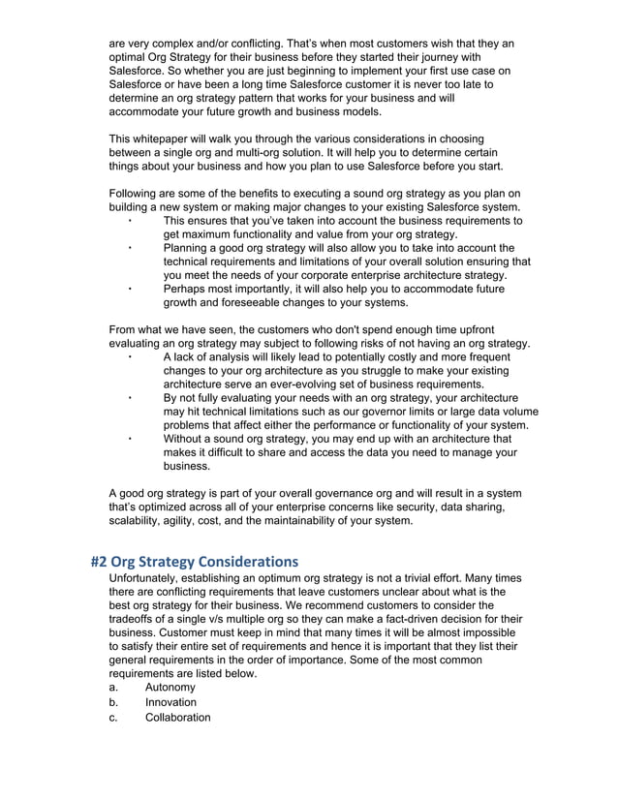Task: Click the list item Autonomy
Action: click(x=171, y=687)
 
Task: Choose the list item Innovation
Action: click(x=170, y=702)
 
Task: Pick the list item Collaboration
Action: click(x=177, y=718)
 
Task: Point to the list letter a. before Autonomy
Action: click(x=113, y=687)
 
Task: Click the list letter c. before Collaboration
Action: click(x=113, y=718)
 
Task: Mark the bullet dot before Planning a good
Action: click(x=130, y=249)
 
